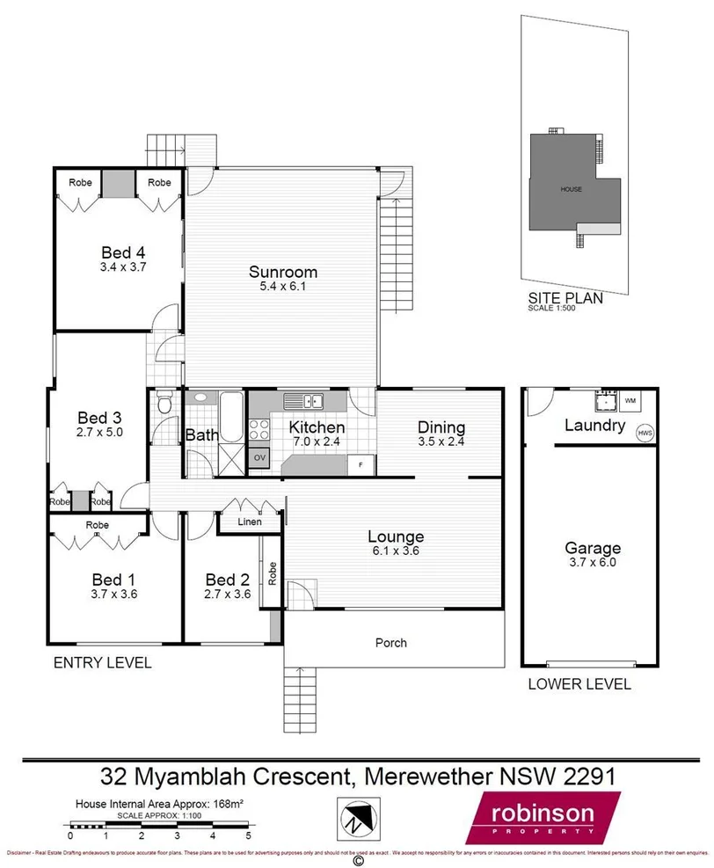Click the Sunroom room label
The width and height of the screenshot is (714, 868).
coord(282,272)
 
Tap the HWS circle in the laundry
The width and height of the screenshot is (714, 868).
coord(645,433)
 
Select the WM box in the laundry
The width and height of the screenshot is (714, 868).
coord(629,401)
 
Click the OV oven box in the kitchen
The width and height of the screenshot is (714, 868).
coord(259,458)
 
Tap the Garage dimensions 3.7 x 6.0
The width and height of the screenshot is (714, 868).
coord(593,563)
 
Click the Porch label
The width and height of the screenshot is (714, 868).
coord(391,643)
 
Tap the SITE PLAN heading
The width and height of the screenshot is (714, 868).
coord(565,298)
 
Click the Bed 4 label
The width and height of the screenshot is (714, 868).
coord(122,251)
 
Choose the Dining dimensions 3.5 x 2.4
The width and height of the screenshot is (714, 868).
coord(441,441)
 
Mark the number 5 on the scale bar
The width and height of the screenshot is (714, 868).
coord(249,836)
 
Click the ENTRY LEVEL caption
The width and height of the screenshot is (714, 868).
coord(102,663)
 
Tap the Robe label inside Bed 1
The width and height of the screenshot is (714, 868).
coord(97,525)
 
